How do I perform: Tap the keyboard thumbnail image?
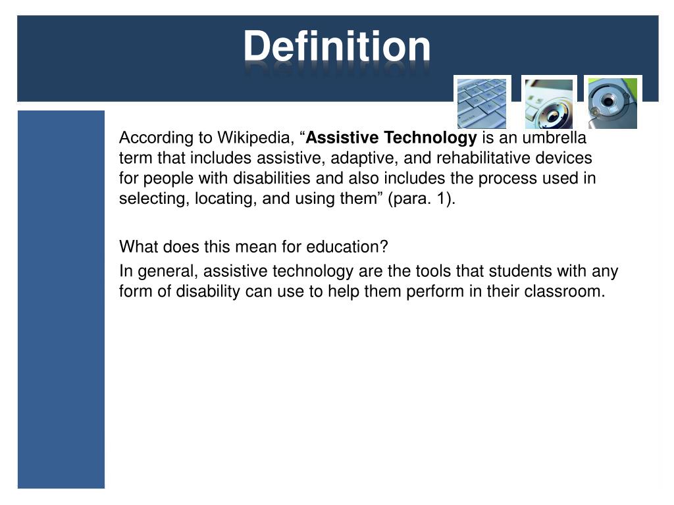(482, 103)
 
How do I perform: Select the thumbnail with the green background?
(612, 103)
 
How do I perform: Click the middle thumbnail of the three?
(548, 103)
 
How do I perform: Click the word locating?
(222, 199)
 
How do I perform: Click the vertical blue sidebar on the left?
(61, 299)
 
